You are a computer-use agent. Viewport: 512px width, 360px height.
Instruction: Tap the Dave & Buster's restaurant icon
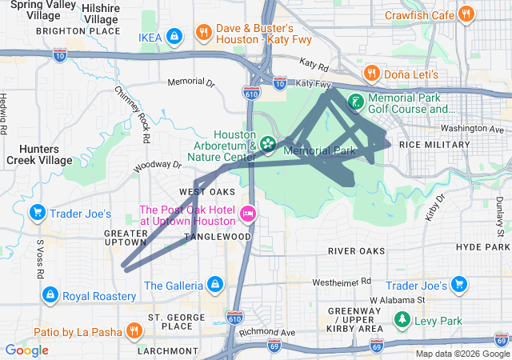204,34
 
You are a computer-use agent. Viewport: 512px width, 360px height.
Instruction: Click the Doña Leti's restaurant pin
371,74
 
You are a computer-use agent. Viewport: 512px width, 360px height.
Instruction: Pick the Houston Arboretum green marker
268,145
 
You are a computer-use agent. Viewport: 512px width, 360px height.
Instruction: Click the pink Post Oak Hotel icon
248,213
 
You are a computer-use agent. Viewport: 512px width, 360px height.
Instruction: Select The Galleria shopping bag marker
214,285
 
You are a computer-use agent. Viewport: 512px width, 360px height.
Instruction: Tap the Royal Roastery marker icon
50,296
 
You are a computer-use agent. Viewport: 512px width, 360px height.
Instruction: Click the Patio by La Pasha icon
133,331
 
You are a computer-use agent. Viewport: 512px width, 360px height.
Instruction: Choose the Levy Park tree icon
402,321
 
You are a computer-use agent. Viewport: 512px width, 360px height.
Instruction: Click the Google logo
26,350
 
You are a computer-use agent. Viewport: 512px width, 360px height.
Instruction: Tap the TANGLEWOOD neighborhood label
217,237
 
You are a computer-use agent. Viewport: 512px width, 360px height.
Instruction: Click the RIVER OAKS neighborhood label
356,251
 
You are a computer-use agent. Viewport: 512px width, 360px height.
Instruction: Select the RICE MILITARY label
434,144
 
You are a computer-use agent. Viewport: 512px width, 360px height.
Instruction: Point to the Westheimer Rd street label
341,282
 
